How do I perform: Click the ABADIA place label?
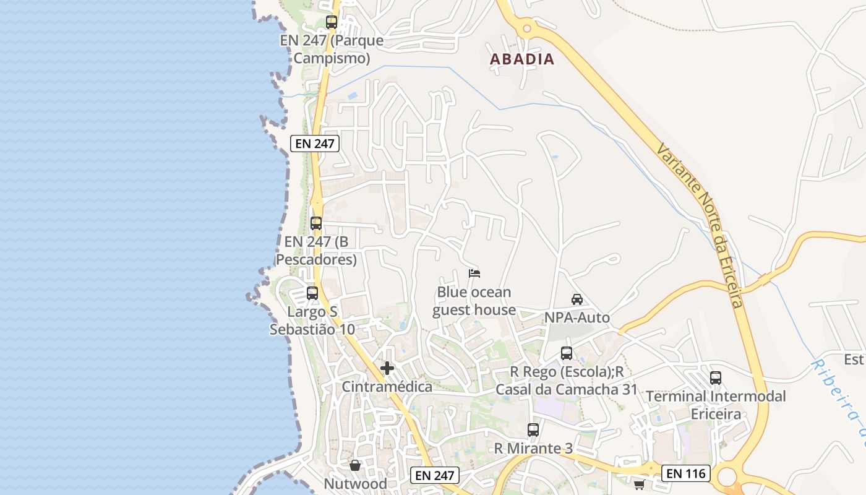tap(522, 59)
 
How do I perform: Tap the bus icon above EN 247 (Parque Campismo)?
tap(332, 22)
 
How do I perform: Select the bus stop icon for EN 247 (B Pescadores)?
tap(316, 223)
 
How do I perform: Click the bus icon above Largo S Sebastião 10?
tap(312, 293)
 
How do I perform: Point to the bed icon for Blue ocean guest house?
tap(474, 273)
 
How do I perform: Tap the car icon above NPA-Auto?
tap(577, 299)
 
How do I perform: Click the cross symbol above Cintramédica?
tap(387, 368)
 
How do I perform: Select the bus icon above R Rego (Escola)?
tap(567, 353)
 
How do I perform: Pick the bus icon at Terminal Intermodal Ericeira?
tap(716, 377)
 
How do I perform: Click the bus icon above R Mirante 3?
tap(533, 429)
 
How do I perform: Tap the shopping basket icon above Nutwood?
tap(355, 465)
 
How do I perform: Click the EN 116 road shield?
tap(685, 474)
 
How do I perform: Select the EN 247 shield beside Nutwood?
tap(435, 475)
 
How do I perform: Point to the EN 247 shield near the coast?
tap(315, 144)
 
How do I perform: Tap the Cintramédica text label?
tap(387, 387)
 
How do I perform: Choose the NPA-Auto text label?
tap(577, 317)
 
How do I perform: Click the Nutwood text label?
tap(356, 483)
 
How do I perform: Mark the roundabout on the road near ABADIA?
tap(527, 27)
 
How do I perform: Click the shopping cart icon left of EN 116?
tap(639, 484)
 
